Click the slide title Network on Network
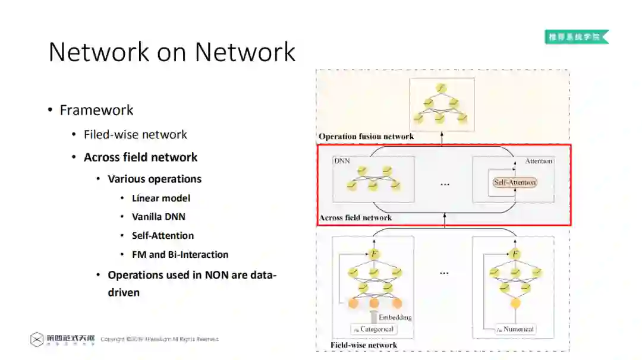pyautogui.click(x=172, y=52)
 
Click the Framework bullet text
pyautogui.click(x=96, y=110)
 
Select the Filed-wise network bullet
pyautogui.click(x=135, y=135)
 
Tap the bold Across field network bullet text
pyautogui.click(x=140, y=157)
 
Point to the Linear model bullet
pyautogui.click(x=161, y=198)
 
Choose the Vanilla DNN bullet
pyautogui.click(x=159, y=217)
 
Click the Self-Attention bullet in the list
pyautogui.click(x=163, y=236)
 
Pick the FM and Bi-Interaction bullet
pyautogui.click(x=180, y=255)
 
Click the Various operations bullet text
pyautogui.click(x=155, y=179)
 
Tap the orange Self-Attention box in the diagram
pyautogui.click(x=515, y=182)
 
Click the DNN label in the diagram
pyautogui.click(x=342, y=161)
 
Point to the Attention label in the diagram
pyautogui.click(x=539, y=161)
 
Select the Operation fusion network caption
pyautogui.click(x=366, y=137)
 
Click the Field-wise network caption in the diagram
pyautogui.click(x=364, y=345)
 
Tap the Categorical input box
pyautogui.click(x=373, y=329)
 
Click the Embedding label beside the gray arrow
pyautogui.click(x=395, y=317)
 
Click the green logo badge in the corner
pyautogui.click(x=576, y=37)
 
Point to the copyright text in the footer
pyautogui.click(x=159, y=339)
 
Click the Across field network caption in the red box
pyautogui.click(x=355, y=218)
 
